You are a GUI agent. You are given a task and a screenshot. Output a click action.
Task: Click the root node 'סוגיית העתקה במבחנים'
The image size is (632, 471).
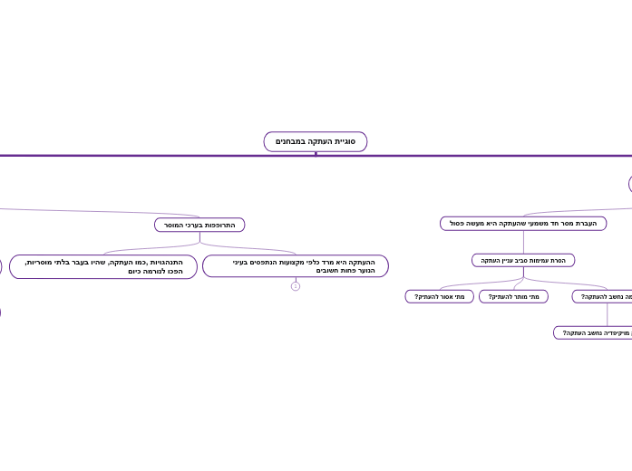point(316,141)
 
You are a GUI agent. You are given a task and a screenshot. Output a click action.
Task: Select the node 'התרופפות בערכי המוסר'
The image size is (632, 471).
point(199,225)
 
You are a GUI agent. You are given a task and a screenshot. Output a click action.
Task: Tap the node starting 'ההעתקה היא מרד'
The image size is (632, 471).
point(296,266)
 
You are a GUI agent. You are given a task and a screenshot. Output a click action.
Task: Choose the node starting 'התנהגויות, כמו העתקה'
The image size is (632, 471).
point(103,266)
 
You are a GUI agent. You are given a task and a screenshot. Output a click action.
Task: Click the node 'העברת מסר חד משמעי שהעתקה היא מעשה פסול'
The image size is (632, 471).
point(523,223)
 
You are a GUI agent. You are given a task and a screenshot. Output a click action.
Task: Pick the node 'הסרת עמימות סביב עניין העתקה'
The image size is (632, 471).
point(523,260)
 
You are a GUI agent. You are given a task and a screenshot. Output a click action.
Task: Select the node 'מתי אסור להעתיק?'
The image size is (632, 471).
point(440,296)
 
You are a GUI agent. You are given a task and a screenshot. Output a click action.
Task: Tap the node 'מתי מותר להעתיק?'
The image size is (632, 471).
point(513,296)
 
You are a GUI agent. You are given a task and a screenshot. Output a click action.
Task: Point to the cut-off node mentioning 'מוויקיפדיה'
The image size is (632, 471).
point(595,332)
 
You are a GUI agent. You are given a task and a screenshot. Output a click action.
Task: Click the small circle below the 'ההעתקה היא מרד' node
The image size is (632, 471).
point(296,286)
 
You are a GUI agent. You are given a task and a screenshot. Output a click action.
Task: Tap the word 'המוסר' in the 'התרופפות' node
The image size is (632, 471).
point(175,225)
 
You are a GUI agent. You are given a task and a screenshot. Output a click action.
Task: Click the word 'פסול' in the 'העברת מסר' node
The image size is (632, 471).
point(458,223)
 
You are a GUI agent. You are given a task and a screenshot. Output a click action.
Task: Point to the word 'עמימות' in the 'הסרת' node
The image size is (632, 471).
point(539,260)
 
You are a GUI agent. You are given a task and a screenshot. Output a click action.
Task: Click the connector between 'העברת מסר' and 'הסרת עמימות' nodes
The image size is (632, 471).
point(523,242)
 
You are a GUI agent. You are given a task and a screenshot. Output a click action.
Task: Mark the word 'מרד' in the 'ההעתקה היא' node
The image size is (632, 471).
point(326,262)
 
